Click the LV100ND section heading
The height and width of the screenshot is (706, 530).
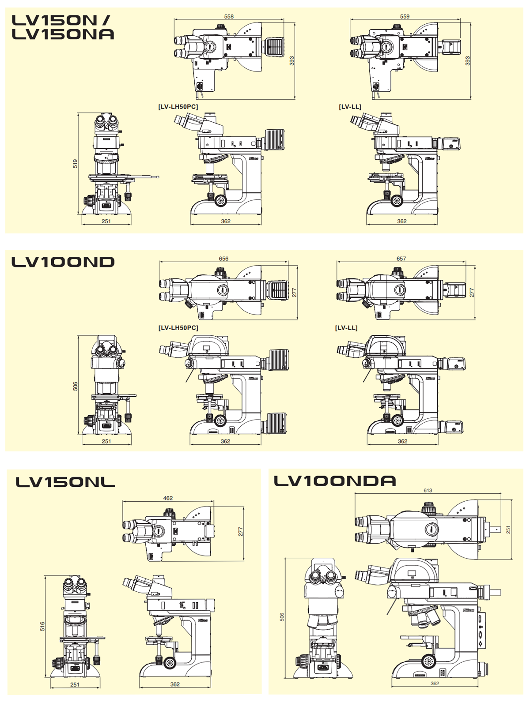[x=63, y=262]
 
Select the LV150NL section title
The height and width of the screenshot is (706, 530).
[x=65, y=482]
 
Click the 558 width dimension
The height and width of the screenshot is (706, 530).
[x=229, y=17]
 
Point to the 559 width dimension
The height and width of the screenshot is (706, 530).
[x=405, y=17]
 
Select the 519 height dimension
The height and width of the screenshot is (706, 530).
[x=76, y=164]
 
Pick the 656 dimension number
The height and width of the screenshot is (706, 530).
[x=223, y=259]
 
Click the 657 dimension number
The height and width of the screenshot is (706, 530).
[x=401, y=259]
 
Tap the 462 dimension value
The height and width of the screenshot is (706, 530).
[x=168, y=498]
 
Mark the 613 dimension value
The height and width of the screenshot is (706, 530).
[x=428, y=490]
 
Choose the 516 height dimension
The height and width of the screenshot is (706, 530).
[x=43, y=626]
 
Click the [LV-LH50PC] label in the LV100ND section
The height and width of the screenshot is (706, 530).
[x=178, y=328]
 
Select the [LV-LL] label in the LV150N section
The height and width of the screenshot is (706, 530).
[x=350, y=107]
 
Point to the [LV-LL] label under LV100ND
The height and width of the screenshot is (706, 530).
[x=346, y=328]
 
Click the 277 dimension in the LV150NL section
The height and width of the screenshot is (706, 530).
[x=241, y=532]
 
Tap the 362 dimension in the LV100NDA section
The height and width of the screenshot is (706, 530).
[x=435, y=683]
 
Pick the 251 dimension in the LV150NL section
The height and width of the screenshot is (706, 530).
[x=75, y=684]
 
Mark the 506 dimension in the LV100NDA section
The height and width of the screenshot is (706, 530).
[x=282, y=617]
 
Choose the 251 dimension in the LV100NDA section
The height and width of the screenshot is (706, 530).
[x=508, y=529]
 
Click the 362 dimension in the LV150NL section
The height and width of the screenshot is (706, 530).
[x=175, y=684]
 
